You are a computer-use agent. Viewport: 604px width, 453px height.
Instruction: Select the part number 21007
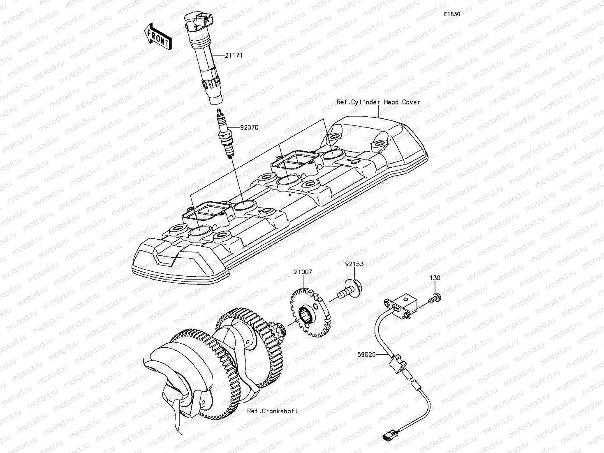pos(303,272)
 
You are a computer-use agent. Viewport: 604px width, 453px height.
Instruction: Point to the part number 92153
pos(354,264)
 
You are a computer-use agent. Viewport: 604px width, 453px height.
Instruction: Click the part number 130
pos(435,278)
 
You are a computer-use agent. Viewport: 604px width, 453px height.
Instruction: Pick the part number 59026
pos(366,353)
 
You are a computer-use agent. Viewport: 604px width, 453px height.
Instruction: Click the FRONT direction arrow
pos(158,37)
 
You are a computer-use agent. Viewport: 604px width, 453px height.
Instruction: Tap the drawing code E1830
pos(451,14)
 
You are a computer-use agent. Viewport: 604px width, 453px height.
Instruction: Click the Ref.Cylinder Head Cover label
pos(378,102)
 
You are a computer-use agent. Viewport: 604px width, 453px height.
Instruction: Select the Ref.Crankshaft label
pos(272,411)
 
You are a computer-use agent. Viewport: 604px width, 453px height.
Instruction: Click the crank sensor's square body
pos(405,305)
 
